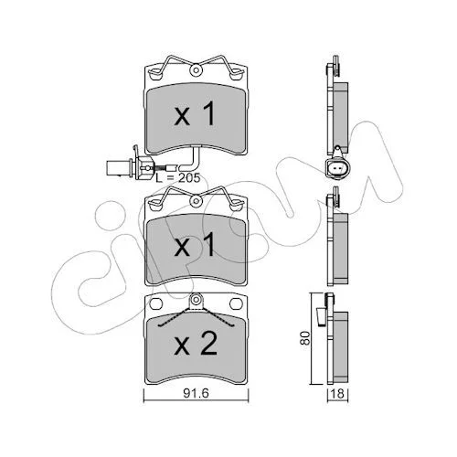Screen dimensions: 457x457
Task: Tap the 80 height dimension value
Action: tap(305, 337)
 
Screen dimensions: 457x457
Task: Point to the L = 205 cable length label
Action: tap(178, 177)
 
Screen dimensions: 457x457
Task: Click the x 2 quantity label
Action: tap(196, 344)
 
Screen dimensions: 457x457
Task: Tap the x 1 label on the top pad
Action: tap(195, 113)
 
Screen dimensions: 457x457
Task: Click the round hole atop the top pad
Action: tap(197, 70)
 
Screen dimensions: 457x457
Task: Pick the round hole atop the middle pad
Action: tap(197, 201)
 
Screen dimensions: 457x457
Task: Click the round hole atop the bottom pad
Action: tap(196, 299)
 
